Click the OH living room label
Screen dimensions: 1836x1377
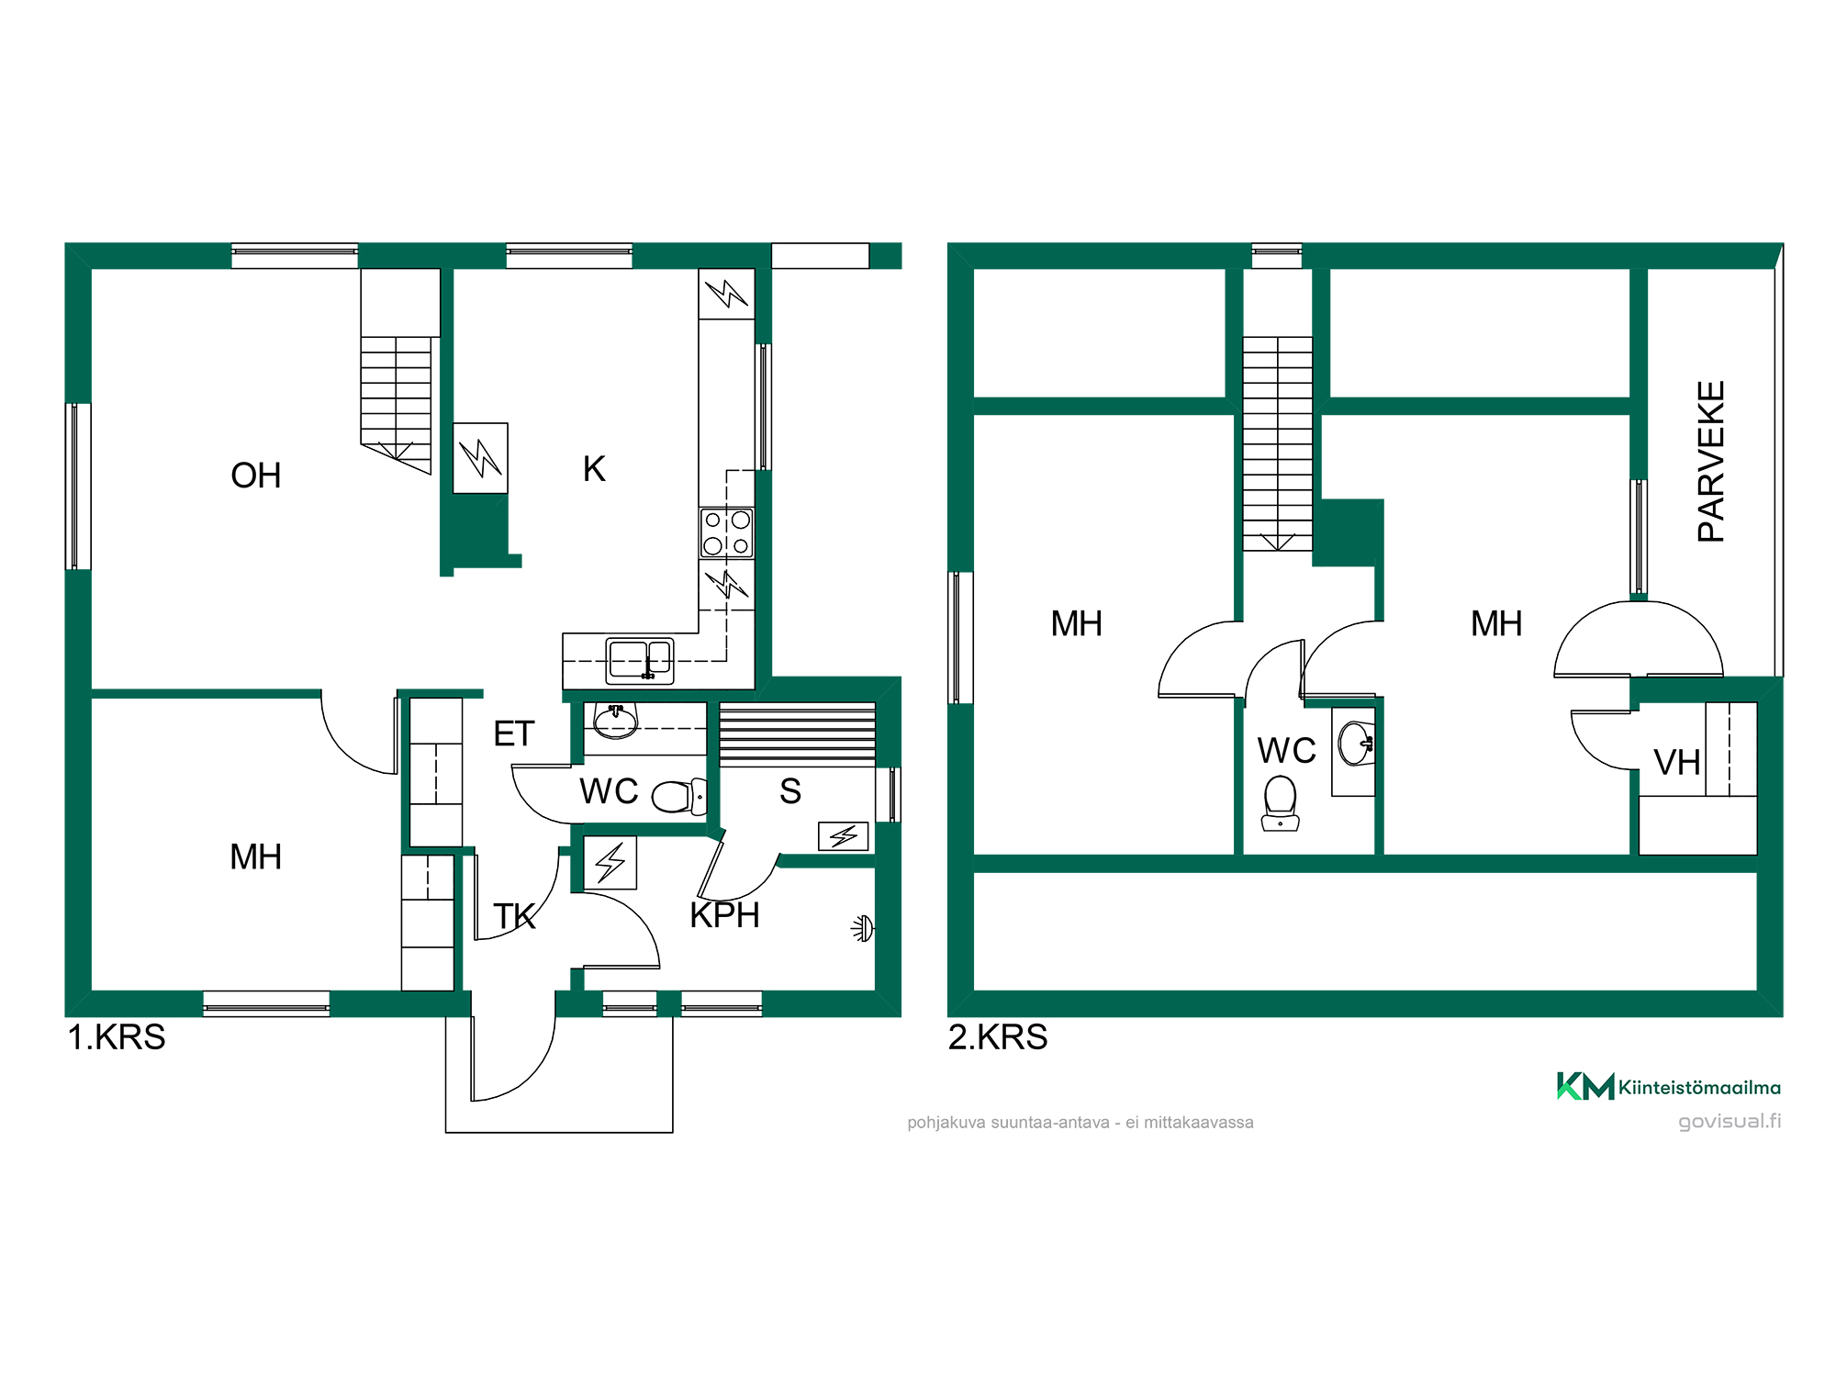click(256, 476)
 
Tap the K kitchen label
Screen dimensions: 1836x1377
click(594, 469)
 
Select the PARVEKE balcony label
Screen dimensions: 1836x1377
click(1711, 461)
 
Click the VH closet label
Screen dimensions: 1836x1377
click(1676, 763)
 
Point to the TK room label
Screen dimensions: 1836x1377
click(514, 916)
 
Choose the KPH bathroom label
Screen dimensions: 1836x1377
click(724, 915)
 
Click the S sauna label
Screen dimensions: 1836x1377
click(790, 791)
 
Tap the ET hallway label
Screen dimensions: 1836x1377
click(513, 734)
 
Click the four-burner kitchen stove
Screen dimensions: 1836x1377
click(726, 532)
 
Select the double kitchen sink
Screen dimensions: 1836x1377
click(640, 661)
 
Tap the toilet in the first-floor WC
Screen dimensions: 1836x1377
click(679, 797)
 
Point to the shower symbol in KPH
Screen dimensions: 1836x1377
click(863, 929)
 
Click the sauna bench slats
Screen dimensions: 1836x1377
click(797, 734)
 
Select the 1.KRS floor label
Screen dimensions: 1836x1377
click(117, 1037)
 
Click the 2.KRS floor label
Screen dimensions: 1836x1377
click(998, 1037)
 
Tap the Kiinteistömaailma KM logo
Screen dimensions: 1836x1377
click(1668, 1087)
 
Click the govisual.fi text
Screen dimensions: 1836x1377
click(1730, 1122)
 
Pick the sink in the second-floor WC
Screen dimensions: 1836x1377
click(1355, 744)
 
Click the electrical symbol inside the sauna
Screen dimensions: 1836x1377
click(843, 836)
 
